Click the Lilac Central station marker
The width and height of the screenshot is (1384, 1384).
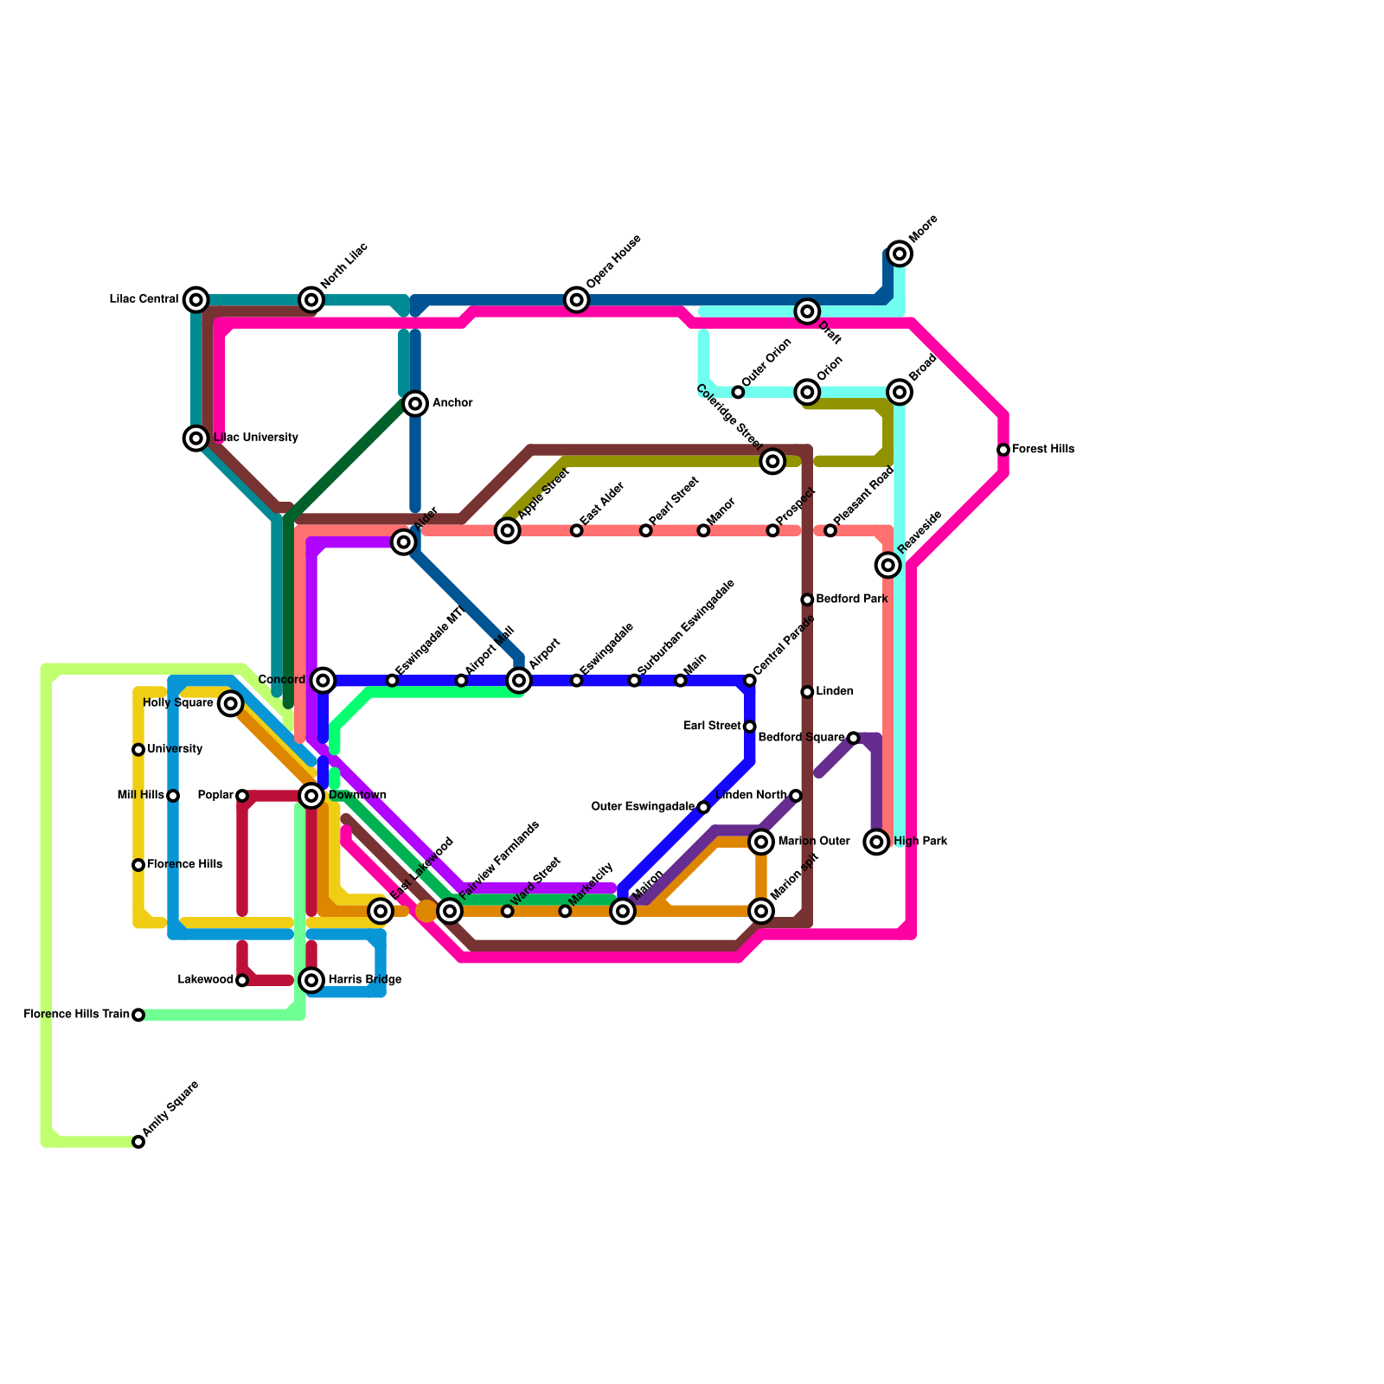click(196, 300)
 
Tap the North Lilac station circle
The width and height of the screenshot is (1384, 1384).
click(311, 300)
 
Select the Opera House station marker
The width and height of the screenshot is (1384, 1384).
click(577, 300)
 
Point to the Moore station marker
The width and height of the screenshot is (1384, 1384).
click(900, 253)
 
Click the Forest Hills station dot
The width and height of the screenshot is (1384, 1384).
click(1003, 450)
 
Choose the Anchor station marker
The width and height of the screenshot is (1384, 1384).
click(415, 403)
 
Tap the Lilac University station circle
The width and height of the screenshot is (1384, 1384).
click(196, 439)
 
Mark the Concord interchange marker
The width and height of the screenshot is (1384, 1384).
click(323, 681)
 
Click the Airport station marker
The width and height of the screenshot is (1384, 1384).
click(519, 681)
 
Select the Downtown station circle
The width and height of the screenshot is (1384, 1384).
click(311, 796)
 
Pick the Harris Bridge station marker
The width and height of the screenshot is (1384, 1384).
click(311, 980)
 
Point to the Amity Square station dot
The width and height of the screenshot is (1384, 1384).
click(138, 1142)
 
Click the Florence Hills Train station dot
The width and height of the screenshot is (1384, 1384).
click(138, 1015)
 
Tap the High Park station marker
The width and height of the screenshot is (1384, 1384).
click(877, 842)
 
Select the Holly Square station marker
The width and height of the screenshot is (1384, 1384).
click(230, 703)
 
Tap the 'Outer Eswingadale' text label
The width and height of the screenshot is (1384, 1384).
click(643, 807)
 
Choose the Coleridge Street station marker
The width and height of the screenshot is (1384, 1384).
click(773, 461)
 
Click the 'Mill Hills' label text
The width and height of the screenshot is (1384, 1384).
click(141, 796)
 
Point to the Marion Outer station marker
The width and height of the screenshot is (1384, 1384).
click(761, 842)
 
